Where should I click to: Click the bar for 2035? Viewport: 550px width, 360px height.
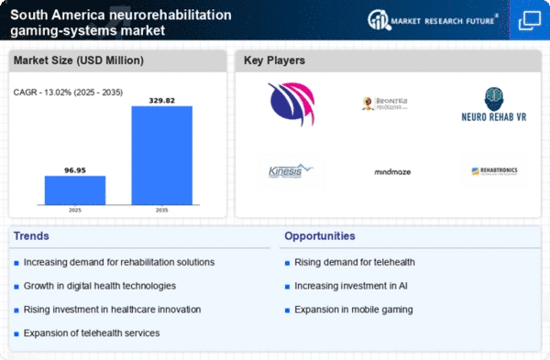pyautogui.click(x=161, y=155)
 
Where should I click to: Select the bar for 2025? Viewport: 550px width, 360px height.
pyautogui.click(x=75, y=190)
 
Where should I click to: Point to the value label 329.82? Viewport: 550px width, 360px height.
pyautogui.click(x=161, y=99)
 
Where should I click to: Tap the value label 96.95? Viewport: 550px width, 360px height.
pyautogui.click(x=75, y=169)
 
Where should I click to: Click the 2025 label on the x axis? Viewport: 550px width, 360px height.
pyautogui.click(x=75, y=210)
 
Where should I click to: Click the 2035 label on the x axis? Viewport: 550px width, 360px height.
pyautogui.click(x=161, y=210)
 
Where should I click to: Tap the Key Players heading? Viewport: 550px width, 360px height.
pyautogui.click(x=274, y=60)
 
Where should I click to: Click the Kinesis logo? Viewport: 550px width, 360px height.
pyautogui.click(x=291, y=170)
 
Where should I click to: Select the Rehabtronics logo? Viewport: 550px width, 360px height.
pyautogui.click(x=494, y=171)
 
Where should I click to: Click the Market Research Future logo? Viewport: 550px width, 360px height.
pyautogui.click(x=433, y=19)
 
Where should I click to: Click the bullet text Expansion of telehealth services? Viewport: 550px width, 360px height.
pyautogui.click(x=93, y=332)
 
